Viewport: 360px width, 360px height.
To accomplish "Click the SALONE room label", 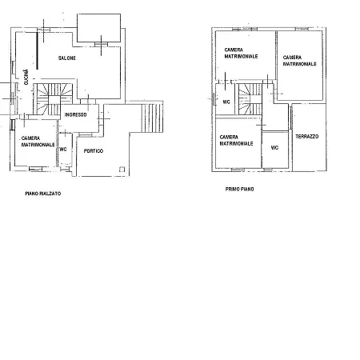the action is pyautogui.click(x=67, y=58).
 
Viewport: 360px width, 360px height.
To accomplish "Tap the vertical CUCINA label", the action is pyautogui.click(x=26, y=77).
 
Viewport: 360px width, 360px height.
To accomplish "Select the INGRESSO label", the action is pyautogui.click(x=75, y=114).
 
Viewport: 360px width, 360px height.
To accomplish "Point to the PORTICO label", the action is pyautogui.click(x=94, y=151).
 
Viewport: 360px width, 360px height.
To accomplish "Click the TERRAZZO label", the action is pyautogui.click(x=307, y=137).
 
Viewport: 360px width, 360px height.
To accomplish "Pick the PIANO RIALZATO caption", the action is pyautogui.click(x=43, y=194).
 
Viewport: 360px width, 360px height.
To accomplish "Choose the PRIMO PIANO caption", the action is pyautogui.click(x=239, y=190).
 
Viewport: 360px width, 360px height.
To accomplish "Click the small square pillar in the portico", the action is pyautogui.click(x=122, y=170).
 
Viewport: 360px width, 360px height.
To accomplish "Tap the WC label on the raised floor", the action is pyautogui.click(x=63, y=150).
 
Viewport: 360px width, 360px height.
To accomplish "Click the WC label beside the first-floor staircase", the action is pyautogui.click(x=226, y=102).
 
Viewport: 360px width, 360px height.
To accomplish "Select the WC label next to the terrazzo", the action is pyautogui.click(x=274, y=148).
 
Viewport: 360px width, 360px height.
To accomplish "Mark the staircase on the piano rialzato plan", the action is pyautogui.click(x=53, y=99).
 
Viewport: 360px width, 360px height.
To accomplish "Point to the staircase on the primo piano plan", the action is pyautogui.click(x=250, y=99).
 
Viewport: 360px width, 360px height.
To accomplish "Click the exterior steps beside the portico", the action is pyautogui.click(x=152, y=118).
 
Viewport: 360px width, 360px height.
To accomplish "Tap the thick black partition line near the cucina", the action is pyautogui.click(x=37, y=50).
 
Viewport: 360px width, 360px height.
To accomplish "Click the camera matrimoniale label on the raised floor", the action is pyautogui.click(x=38, y=142).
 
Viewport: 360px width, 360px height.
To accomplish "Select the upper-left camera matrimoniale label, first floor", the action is pyautogui.click(x=241, y=53).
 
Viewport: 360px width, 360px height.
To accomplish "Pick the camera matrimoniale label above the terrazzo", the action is pyautogui.click(x=299, y=61).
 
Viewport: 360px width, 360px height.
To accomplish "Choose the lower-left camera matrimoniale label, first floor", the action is pyautogui.click(x=236, y=140).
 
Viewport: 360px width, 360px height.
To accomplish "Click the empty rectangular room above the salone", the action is pyautogui.click(x=99, y=28).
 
